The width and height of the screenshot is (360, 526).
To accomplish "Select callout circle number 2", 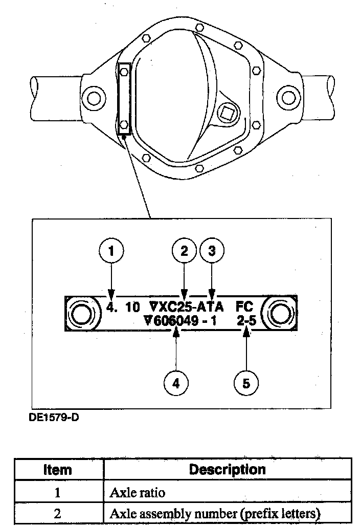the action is tap(184, 251).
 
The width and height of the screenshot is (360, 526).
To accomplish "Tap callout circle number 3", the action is tap(212, 251).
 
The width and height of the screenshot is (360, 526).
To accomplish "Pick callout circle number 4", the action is tap(176, 383).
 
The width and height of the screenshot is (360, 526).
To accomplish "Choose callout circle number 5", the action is tap(246, 383).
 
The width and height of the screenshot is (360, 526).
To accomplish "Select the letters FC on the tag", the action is tap(245, 308).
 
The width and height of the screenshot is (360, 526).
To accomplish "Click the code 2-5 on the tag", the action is tap(246, 322).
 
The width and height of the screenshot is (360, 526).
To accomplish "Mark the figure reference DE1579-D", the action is tap(54, 417).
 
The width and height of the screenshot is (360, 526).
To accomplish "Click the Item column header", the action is tap(57, 470).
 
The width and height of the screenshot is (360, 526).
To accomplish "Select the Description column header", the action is tap(227, 469).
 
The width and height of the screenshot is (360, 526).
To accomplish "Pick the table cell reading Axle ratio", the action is tap(138, 493).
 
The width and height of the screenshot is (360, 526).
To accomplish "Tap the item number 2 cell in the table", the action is tap(57, 514).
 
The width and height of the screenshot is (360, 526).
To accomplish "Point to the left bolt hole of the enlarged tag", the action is tap(82, 314).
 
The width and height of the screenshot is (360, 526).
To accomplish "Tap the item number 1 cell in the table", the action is tap(57, 493).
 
